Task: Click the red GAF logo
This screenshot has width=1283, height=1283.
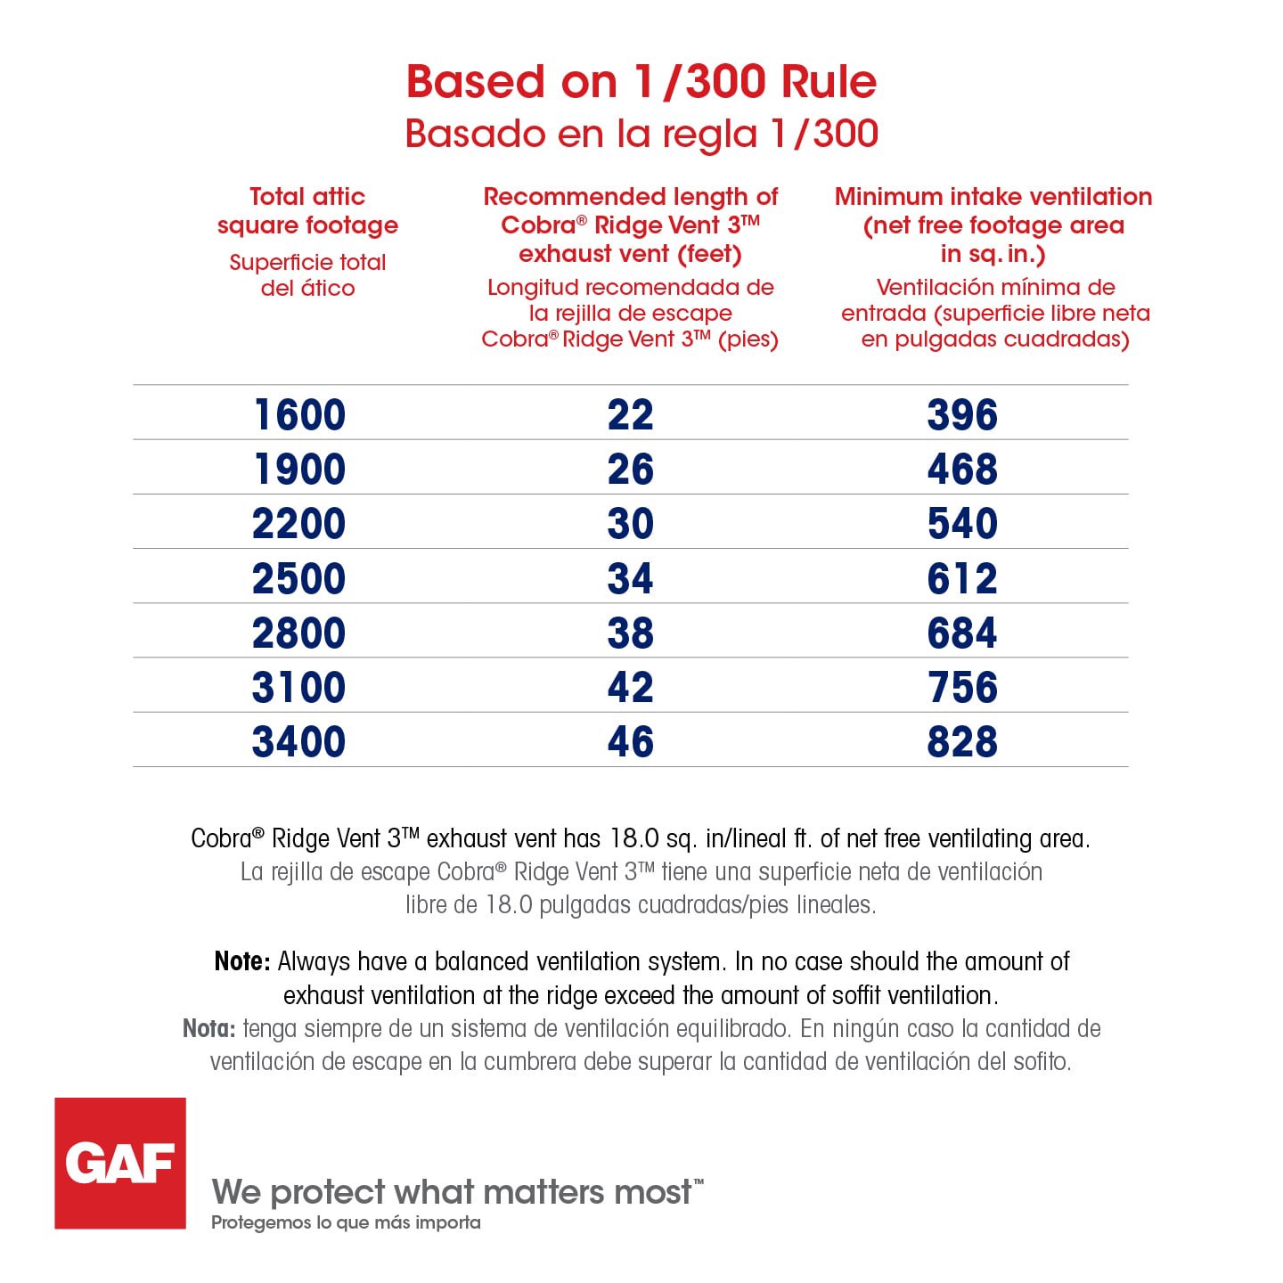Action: point(120,1163)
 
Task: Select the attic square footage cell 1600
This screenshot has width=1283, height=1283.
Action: point(299,415)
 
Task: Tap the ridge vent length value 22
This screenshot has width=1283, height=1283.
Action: point(631,415)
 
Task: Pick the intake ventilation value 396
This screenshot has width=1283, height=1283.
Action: point(962,415)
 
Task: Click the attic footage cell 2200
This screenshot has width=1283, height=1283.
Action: point(299,524)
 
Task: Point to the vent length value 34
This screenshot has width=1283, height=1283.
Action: point(631,579)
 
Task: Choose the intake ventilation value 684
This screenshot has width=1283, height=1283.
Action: point(962,633)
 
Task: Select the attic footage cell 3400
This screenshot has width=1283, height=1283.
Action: point(299,742)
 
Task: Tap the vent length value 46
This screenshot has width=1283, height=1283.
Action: point(631,742)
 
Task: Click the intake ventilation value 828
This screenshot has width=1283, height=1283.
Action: point(962,742)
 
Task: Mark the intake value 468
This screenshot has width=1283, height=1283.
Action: point(962,470)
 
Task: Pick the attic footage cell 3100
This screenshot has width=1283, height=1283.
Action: point(299,688)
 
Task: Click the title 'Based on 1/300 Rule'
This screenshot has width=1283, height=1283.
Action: point(641,81)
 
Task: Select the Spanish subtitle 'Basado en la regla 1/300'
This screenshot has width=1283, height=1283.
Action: point(641,134)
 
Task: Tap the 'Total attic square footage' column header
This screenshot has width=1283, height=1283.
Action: point(307,210)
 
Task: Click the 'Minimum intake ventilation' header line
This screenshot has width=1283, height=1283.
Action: point(993,197)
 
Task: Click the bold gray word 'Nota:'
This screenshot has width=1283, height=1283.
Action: point(209,1029)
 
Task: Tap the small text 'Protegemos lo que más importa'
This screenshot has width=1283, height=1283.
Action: point(346,1222)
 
